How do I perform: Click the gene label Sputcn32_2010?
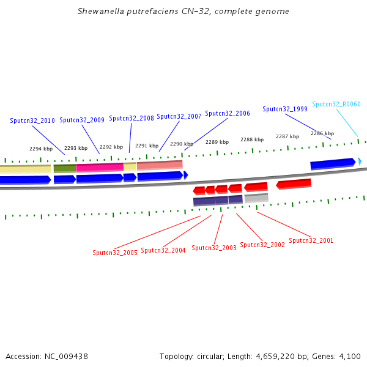point(32,121)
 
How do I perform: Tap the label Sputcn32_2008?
point(132,119)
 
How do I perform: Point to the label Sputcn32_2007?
point(179,117)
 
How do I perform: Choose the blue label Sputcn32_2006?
point(228,114)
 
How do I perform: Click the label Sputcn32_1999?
point(285,109)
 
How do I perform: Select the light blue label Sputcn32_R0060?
point(336,105)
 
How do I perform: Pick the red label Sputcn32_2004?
point(163,251)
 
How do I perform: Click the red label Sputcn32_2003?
point(214,248)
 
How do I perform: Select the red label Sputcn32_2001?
point(311,241)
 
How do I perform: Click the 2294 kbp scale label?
point(41,149)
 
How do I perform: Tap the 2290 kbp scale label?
point(182,144)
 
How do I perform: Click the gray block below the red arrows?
point(256,198)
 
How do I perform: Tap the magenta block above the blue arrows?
point(100,167)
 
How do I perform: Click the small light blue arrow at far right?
point(360,161)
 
